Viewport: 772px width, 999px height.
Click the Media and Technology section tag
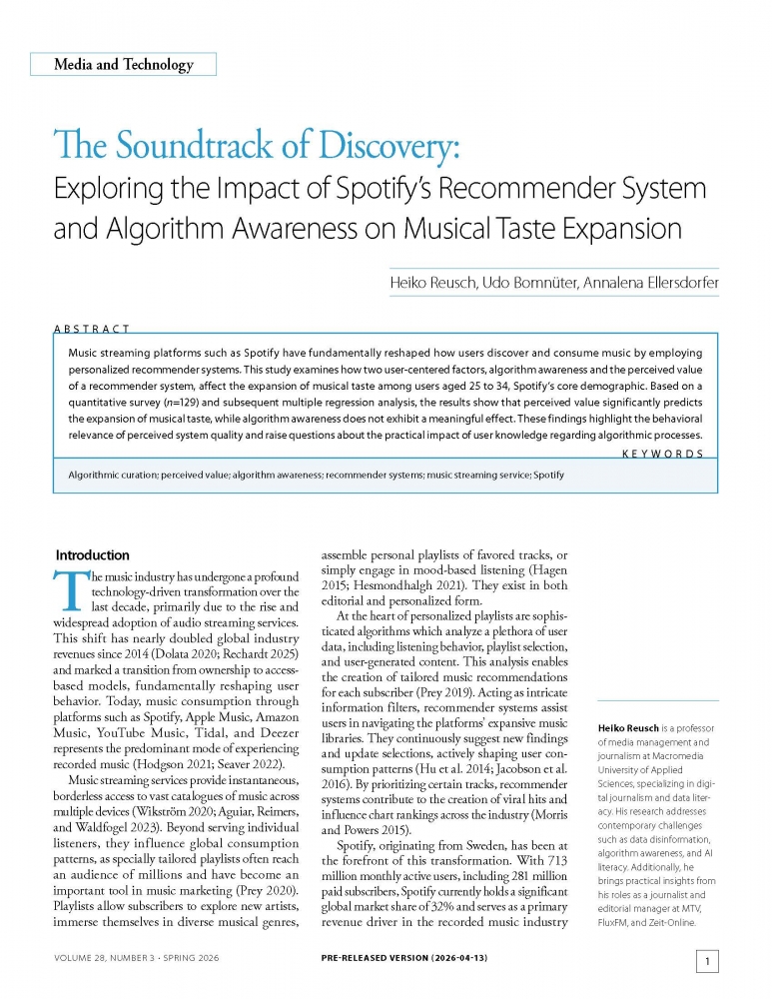pos(124,65)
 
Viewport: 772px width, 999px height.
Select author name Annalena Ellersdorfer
pos(644,285)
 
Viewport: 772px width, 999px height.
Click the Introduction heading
pos(92,555)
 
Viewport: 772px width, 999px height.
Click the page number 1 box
pos(706,962)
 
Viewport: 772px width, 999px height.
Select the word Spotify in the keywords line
pos(549,475)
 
